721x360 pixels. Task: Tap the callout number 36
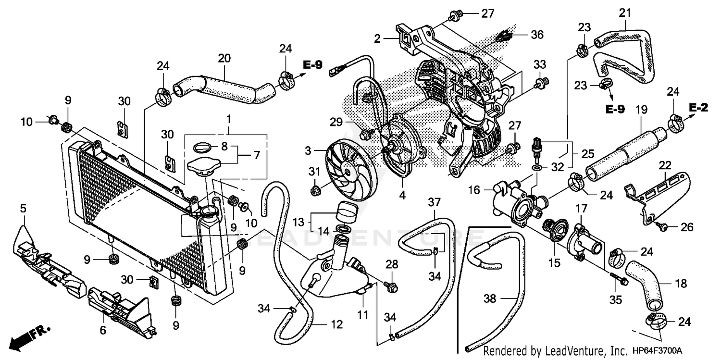(x=536, y=35)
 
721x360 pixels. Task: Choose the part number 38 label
(x=489, y=298)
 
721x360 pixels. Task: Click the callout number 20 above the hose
(x=224, y=59)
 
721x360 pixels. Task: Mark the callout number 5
(x=23, y=208)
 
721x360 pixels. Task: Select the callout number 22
(x=665, y=165)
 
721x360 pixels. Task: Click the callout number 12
(x=336, y=325)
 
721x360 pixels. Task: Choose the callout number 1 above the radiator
(x=229, y=118)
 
